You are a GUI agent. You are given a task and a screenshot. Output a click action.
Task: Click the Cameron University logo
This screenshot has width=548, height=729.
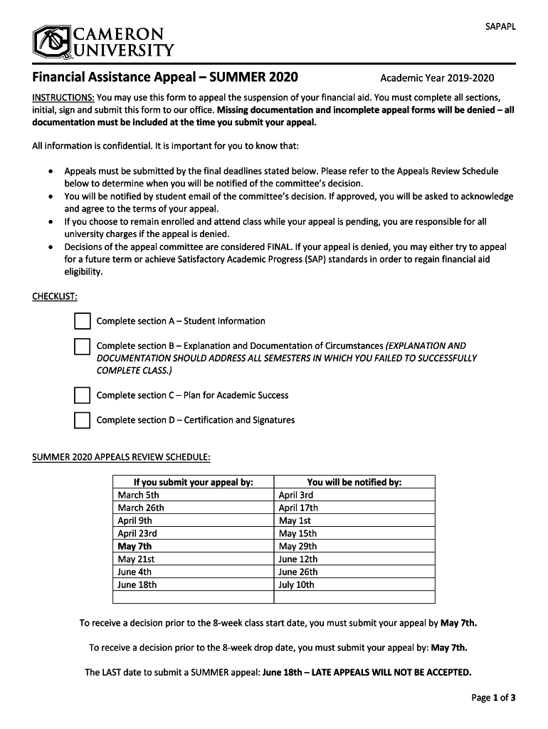tap(103, 41)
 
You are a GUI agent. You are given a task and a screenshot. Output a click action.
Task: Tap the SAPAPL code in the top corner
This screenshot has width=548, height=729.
tap(500, 26)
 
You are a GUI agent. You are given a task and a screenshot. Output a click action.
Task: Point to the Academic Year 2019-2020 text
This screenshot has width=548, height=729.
tap(436, 78)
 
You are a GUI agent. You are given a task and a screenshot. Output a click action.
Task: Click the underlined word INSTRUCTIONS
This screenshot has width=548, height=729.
tap(63, 97)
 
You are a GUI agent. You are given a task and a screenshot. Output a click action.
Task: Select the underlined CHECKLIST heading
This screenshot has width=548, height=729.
tap(55, 295)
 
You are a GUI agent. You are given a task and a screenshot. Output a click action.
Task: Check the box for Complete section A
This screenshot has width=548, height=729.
tap(83, 321)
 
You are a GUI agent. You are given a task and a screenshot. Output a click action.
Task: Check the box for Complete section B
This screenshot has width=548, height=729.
tap(83, 347)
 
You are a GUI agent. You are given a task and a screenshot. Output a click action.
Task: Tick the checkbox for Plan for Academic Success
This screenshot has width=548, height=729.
tap(83, 395)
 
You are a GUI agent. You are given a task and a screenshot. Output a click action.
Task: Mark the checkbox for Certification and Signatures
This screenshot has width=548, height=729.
tap(83, 420)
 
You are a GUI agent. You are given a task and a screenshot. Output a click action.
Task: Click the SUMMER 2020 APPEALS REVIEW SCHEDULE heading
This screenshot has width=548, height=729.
tap(121, 456)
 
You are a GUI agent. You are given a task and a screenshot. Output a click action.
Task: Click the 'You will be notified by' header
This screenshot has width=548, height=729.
tap(354, 482)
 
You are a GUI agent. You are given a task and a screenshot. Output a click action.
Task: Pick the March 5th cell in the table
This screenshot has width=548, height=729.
tap(139, 495)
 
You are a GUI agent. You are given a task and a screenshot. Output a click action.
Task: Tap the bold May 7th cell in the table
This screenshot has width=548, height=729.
tap(135, 546)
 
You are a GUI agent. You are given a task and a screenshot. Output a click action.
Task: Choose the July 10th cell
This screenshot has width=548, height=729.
tap(296, 584)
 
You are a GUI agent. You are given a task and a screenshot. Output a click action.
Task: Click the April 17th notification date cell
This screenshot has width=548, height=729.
tap(298, 508)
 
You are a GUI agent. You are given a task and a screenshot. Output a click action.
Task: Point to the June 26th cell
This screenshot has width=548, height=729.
tap(298, 572)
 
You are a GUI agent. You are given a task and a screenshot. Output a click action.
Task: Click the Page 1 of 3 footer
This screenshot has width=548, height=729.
tap(493, 698)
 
